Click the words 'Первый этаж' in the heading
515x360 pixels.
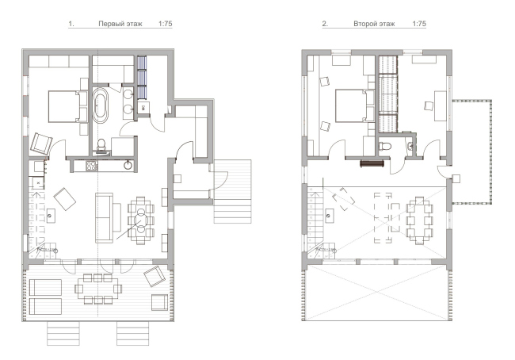(x=120, y=24)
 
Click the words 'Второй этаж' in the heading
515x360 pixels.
(x=374, y=24)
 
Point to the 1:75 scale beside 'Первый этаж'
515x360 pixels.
(x=166, y=24)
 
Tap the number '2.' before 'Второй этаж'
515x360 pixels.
(x=325, y=24)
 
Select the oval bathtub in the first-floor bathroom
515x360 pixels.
(x=101, y=105)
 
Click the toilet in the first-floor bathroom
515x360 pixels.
(x=101, y=145)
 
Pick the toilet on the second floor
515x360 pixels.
(x=384, y=146)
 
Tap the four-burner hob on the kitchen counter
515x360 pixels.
(x=92, y=166)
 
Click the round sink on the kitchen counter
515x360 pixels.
(x=128, y=166)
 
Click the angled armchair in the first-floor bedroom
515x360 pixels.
(x=41, y=144)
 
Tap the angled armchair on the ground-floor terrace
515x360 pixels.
(x=154, y=276)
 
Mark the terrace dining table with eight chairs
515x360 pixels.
(x=98, y=289)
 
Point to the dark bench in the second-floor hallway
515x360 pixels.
(x=372, y=163)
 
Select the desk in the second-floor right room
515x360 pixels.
(x=440, y=106)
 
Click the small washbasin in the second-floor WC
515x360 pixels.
(x=410, y=146)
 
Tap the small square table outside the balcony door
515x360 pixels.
(x=456, y=179)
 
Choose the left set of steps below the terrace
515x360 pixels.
(x=63, y=333)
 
